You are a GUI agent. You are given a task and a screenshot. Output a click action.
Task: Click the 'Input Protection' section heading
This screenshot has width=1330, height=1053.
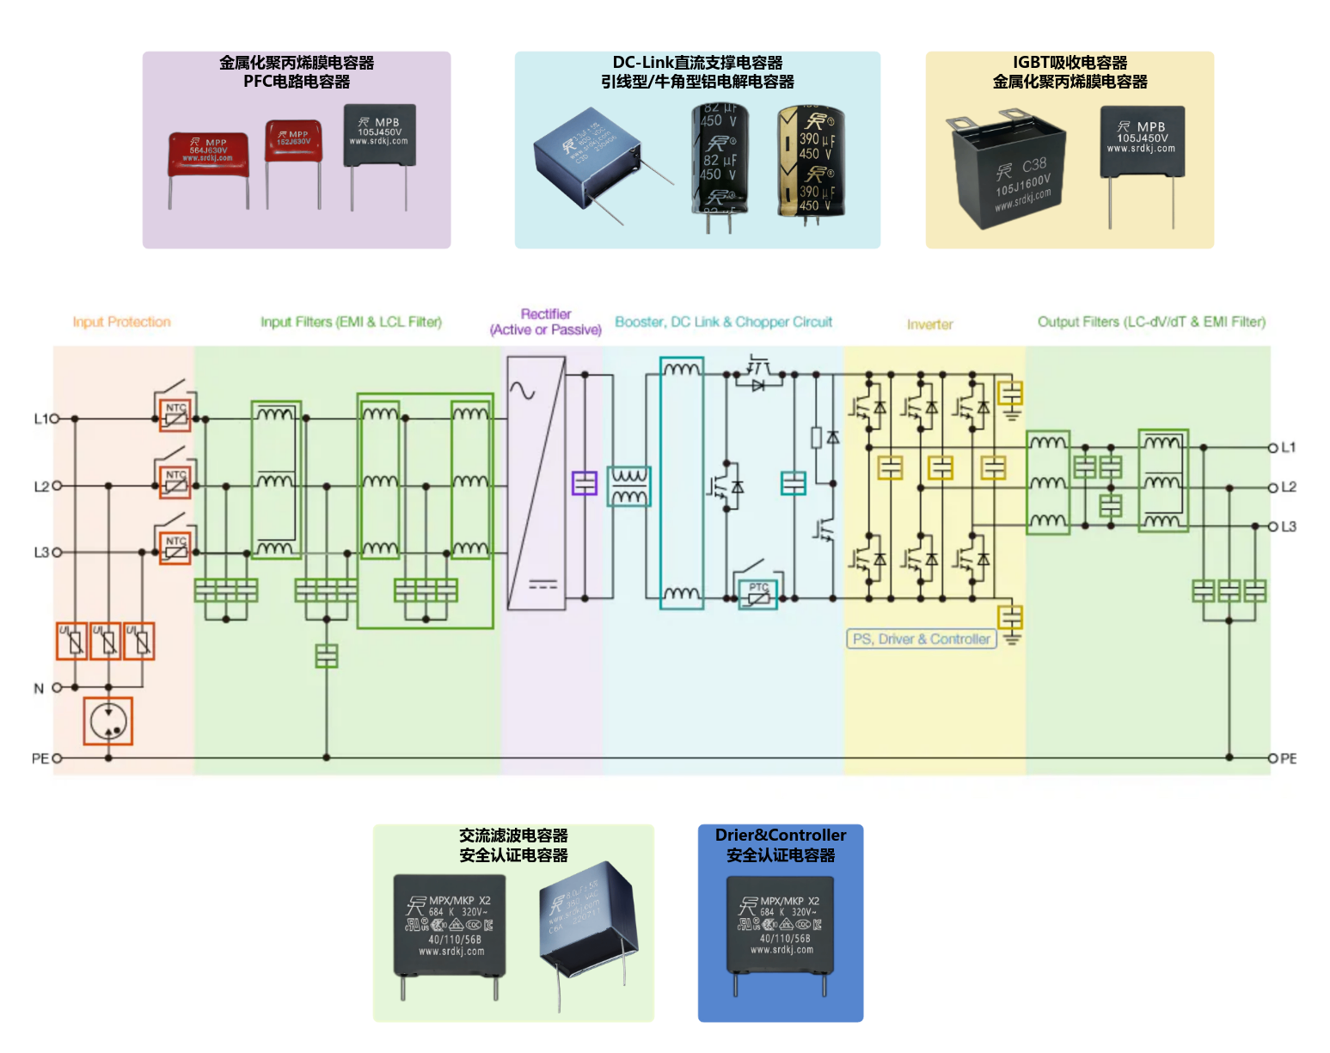click(x=121, y=322)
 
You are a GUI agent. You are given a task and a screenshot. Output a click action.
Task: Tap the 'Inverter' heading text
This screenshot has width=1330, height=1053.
click(x=929, y=324)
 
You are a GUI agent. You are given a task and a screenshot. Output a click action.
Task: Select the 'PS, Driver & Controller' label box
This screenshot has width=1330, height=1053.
click(x=921, y=639)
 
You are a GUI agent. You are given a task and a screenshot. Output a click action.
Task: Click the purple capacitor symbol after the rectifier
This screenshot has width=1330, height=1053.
click(x=585, y=483)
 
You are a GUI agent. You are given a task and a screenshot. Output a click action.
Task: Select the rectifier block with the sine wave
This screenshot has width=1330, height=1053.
click(x=536, y=483)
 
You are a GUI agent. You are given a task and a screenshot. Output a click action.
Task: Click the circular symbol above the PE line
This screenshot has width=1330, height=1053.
click(x=108, y=720)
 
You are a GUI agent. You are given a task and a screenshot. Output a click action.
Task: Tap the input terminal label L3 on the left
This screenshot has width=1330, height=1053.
click(x=40, y=552)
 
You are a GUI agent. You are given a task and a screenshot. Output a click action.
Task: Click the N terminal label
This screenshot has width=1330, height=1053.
click(x=39, y=688)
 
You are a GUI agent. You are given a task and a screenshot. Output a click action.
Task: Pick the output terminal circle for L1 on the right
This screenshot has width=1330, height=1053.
click(x=1273, y=447)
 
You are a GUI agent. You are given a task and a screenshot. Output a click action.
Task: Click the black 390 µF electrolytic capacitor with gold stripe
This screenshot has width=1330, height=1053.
click(x=810, y=161)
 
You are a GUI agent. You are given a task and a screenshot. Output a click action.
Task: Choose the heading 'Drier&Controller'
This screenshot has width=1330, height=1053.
click(x=780, y=835)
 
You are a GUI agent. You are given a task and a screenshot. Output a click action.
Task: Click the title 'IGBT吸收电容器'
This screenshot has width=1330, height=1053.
click(x=1070, y=63)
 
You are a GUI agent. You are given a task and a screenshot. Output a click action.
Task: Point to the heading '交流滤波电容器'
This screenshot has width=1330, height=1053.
click(x=513, y=835)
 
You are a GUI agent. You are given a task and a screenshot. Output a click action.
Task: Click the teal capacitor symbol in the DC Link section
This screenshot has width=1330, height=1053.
click(x=793, y=483)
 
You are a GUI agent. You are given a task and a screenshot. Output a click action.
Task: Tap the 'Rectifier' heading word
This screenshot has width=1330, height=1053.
click(x=546, y=314)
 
